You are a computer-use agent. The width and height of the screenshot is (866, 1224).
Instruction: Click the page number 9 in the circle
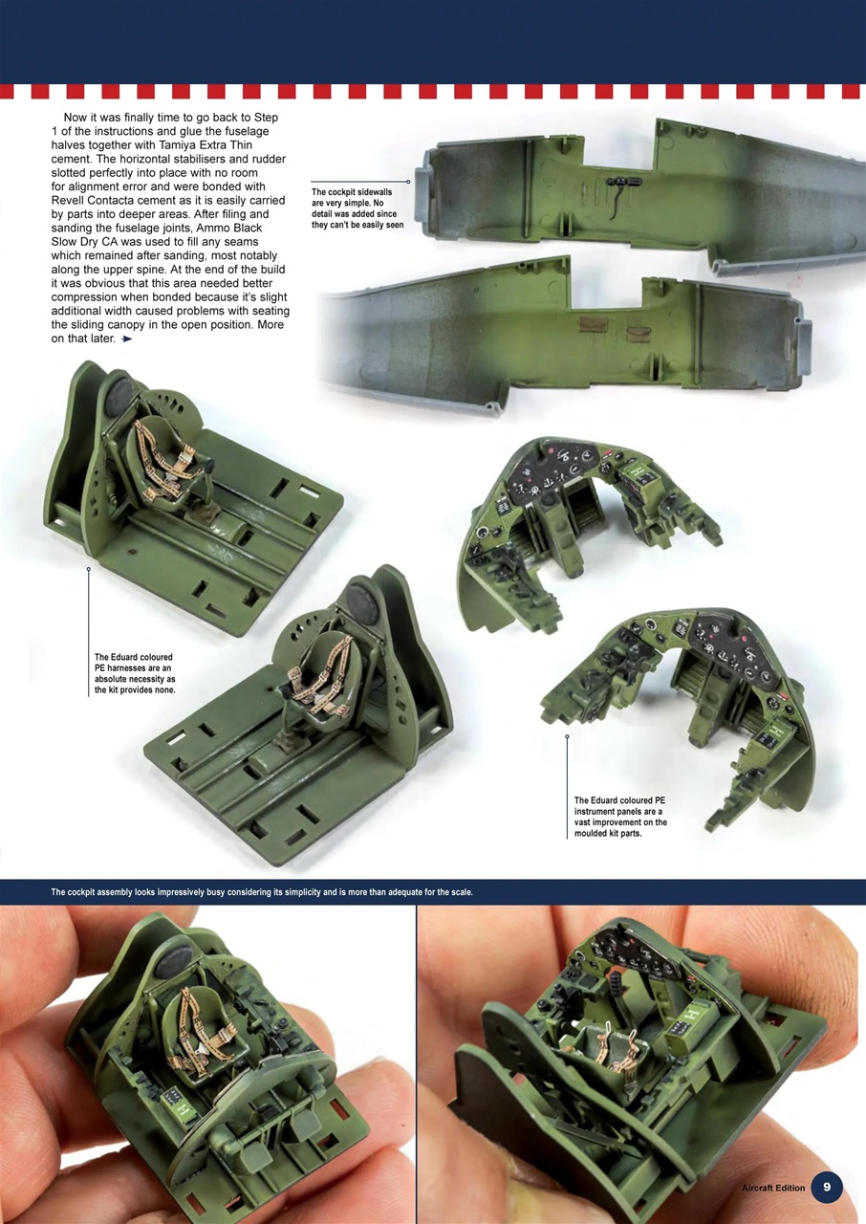tap(826, 1188)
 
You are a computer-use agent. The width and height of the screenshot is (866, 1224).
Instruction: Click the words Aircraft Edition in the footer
tap(773, 1188)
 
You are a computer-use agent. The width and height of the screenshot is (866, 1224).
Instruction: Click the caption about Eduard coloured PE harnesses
tap(135, 673)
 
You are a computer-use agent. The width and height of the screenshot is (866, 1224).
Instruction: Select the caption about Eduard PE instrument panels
tap(620, 816)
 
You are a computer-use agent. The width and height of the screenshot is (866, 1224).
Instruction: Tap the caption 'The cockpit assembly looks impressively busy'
tap(262, 892)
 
